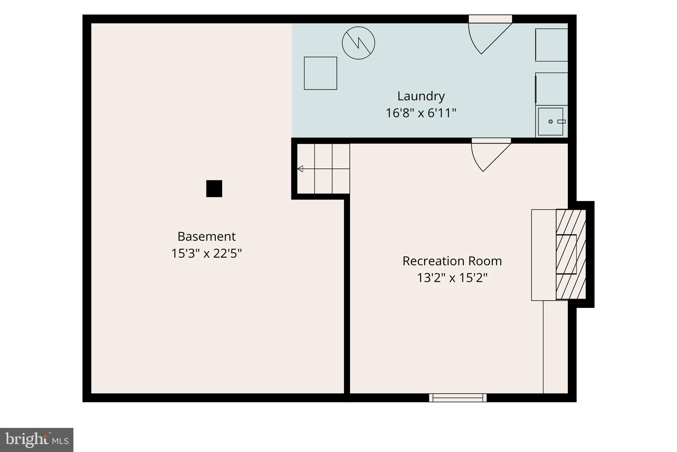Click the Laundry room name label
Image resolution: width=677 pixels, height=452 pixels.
click(x=421, y=96)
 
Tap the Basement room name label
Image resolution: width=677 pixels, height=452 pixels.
click(x=207, y=237)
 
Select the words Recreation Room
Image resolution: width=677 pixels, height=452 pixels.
click(x=452, y=261)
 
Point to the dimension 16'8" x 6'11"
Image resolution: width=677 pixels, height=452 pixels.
click(x=421, y=113)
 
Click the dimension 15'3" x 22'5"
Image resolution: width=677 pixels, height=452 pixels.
click(x=207, y=253)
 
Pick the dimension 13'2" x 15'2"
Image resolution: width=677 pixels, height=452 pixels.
click(x=452, y=278)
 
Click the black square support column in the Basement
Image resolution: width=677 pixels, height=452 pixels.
click(x=214, y=189)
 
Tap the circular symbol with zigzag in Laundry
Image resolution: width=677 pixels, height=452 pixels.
click(x=358, y=43)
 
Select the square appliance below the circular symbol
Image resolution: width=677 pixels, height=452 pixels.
click(x=321, y=73)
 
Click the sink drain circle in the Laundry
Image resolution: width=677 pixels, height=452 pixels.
click(x=551, y=122)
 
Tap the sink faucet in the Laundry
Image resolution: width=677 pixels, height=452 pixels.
click(x=562, y=122)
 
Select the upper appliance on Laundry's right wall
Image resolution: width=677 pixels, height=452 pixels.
click(x=552, y=45)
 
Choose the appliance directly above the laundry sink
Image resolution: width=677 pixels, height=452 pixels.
click(x=552, y=89)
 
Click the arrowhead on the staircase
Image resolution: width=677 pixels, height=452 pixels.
click(x=300, y=169)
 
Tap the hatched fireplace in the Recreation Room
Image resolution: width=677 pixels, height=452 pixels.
click(x=571, y=254)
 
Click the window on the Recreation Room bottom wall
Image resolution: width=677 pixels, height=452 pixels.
click(x=458, y=398)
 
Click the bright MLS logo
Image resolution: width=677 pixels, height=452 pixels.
click(x=37, y=440)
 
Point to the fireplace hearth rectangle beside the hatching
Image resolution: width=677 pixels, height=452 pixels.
click(x=544, y=255)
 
